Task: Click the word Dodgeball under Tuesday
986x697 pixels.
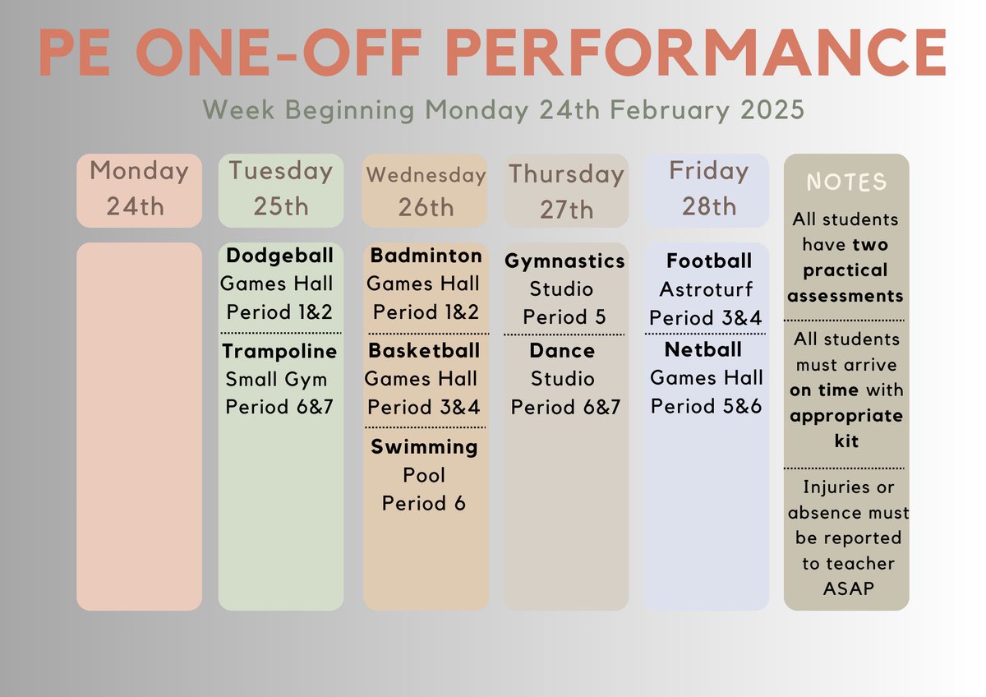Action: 280,256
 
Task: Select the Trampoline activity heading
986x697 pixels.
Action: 279,352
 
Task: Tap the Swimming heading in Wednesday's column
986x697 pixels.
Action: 424,447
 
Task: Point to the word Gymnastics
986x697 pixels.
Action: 564,261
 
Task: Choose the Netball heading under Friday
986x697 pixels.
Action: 703,350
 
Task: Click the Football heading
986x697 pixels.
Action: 709,261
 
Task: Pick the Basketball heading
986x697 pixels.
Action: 424,351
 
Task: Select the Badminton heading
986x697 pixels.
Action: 426,256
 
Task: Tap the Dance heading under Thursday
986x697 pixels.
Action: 562,351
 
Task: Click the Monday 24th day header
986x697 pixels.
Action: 139,189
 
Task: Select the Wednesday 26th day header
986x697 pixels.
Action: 426,191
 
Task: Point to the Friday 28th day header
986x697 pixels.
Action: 708,189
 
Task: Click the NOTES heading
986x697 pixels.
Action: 846,182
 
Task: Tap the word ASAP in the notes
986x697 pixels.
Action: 846,589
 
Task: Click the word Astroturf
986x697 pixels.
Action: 707,289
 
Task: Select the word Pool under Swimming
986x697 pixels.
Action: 424,475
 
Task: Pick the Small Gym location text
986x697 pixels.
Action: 276,380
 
